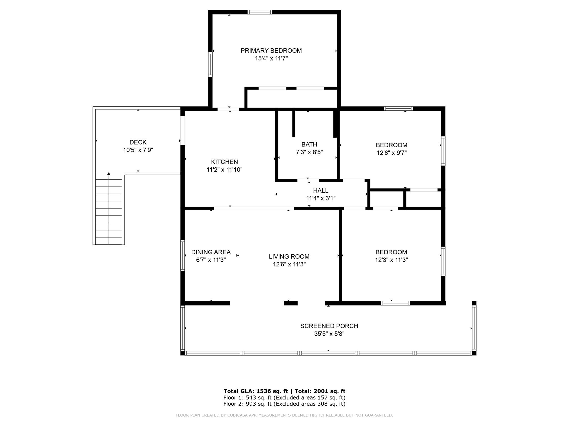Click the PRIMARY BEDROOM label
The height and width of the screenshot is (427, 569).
(x=271, y=51)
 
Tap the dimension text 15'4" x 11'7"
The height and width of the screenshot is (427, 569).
(x=271, y=58)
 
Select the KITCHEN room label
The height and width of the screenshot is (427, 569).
(x=224, y=162)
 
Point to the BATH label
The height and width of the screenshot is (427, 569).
(x=309, y=144)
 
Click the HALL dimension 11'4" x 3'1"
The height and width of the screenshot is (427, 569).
(x=321, y=198)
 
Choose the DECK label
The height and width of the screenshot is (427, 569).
(x=138, y=142)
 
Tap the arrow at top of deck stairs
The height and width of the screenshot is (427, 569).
(x=109, y=174)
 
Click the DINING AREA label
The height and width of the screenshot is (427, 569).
(x=211, y=252)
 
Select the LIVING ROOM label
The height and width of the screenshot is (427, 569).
(x=289, y=257)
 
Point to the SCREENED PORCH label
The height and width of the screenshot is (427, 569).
(x=329, y=326)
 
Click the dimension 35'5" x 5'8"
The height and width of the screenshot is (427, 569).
(x=329, y=334)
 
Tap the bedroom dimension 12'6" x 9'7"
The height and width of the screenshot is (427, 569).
(x=391, y=153)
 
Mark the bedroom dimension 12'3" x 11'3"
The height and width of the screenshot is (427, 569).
(x=391, y=260)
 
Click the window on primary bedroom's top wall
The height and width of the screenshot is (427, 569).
(x=260, y=12)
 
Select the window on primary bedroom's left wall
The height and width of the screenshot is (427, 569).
(x=210, y=64)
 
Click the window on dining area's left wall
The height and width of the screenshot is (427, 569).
(x=183, y=255)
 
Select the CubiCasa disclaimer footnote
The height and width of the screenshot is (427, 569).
(x=284, y=415)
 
